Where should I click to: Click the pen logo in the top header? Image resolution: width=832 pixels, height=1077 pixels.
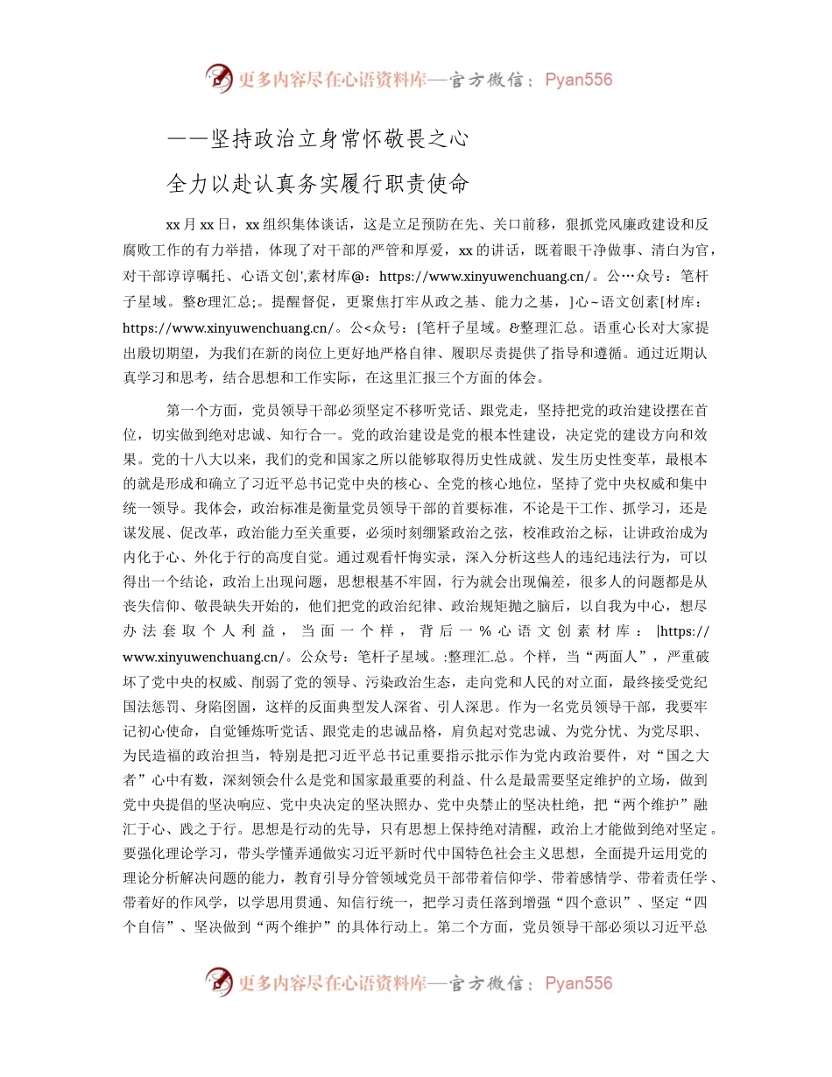tap(220, 79)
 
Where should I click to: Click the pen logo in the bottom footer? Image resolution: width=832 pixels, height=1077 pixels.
tap(220, 982)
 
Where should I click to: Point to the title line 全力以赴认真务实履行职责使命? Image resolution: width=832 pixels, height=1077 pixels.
tap(319, 184)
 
